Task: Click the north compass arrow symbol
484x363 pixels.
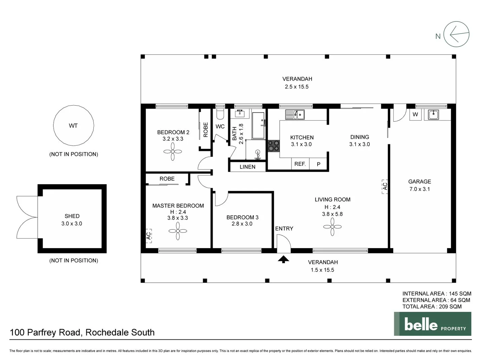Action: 456,34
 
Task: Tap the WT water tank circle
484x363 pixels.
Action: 73,125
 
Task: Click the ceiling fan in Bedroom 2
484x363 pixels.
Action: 173,152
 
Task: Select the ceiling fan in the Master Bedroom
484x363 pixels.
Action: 178,231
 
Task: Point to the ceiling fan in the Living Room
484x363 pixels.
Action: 332,227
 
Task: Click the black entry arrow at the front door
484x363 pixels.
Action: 284,259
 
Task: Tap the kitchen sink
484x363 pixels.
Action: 295,115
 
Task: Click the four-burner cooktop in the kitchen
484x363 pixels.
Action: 273,146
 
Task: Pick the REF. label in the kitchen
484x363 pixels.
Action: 300,164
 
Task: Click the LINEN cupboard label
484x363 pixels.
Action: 247,167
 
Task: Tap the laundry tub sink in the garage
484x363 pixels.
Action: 434,115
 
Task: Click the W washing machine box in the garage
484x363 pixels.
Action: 415,114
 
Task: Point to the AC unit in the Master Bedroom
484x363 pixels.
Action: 149,236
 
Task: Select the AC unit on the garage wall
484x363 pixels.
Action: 385,186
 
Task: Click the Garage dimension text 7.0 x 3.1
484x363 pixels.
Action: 419,189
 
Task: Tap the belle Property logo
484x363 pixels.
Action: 433,324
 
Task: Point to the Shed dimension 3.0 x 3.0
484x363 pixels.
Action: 72,224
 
